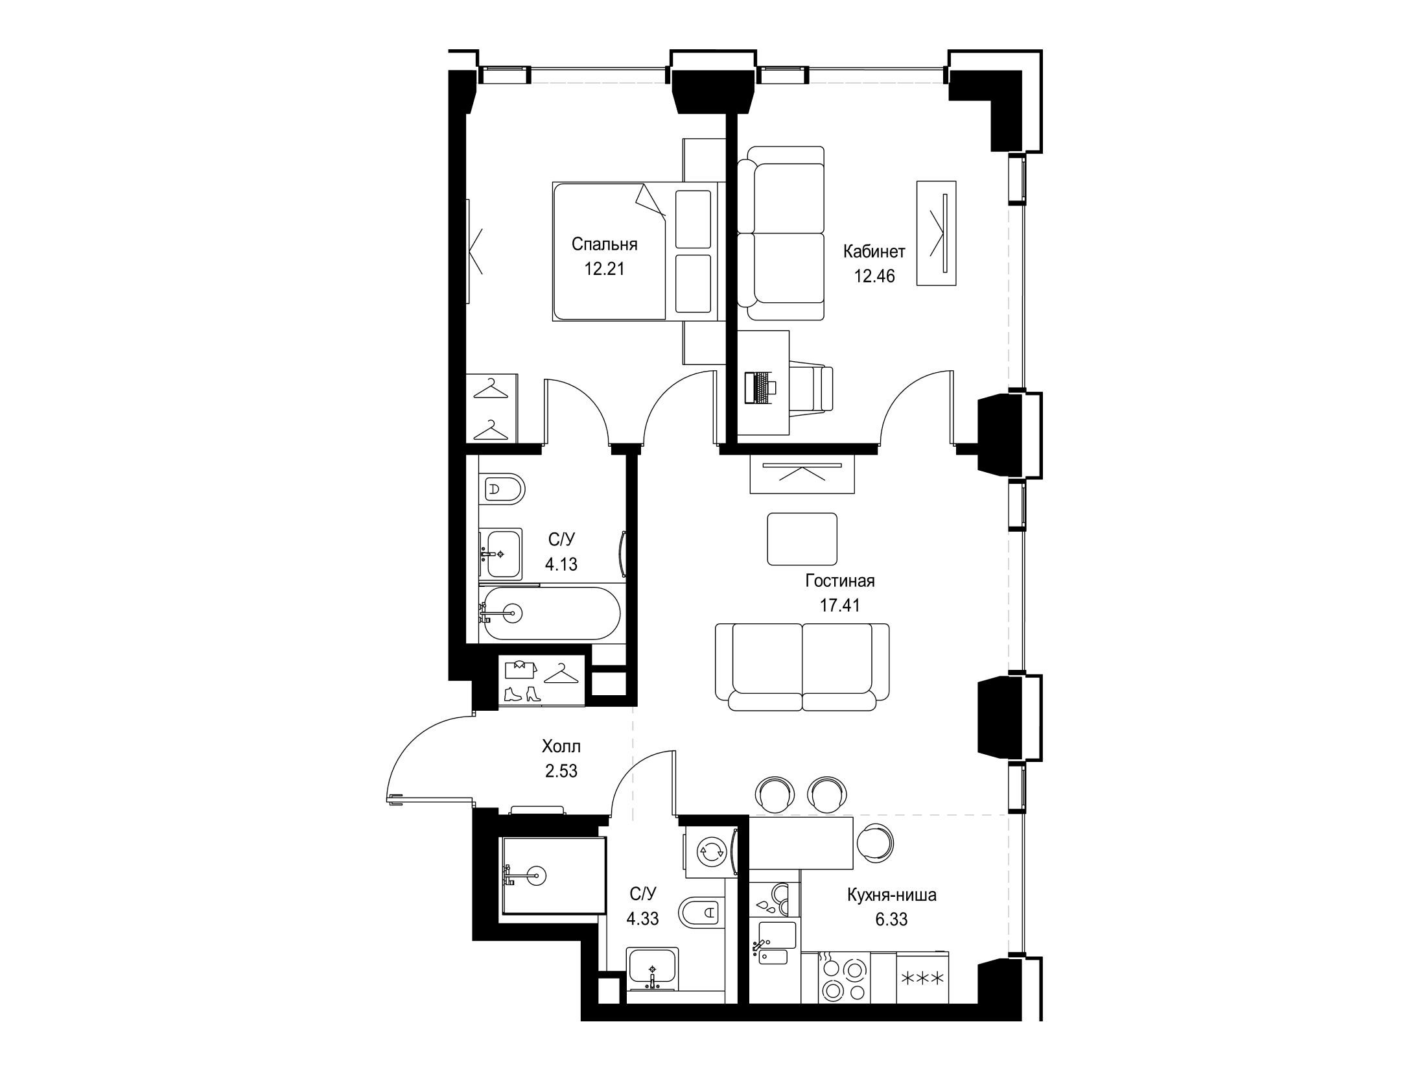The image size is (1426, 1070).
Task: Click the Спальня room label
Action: (604, 244)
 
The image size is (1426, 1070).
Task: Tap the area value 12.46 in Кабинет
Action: (874, 276)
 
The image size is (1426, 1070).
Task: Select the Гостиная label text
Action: (840, 581)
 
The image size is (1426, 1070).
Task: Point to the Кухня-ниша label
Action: (892, 896)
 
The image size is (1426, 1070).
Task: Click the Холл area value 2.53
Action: (561, 771)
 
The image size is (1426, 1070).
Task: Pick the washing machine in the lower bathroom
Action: (710, 853)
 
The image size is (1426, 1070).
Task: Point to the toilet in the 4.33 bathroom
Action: (701, 912)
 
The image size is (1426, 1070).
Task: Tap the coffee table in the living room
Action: (802, 539)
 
